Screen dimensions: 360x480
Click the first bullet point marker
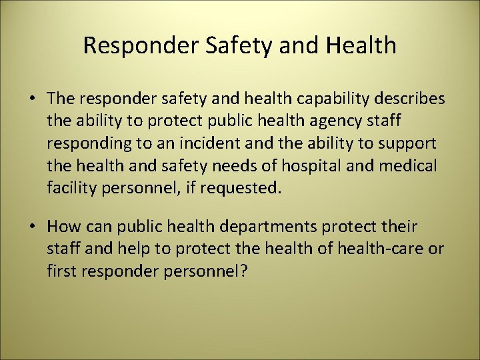point(32,99)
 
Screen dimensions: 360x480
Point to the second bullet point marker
point(32,227)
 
